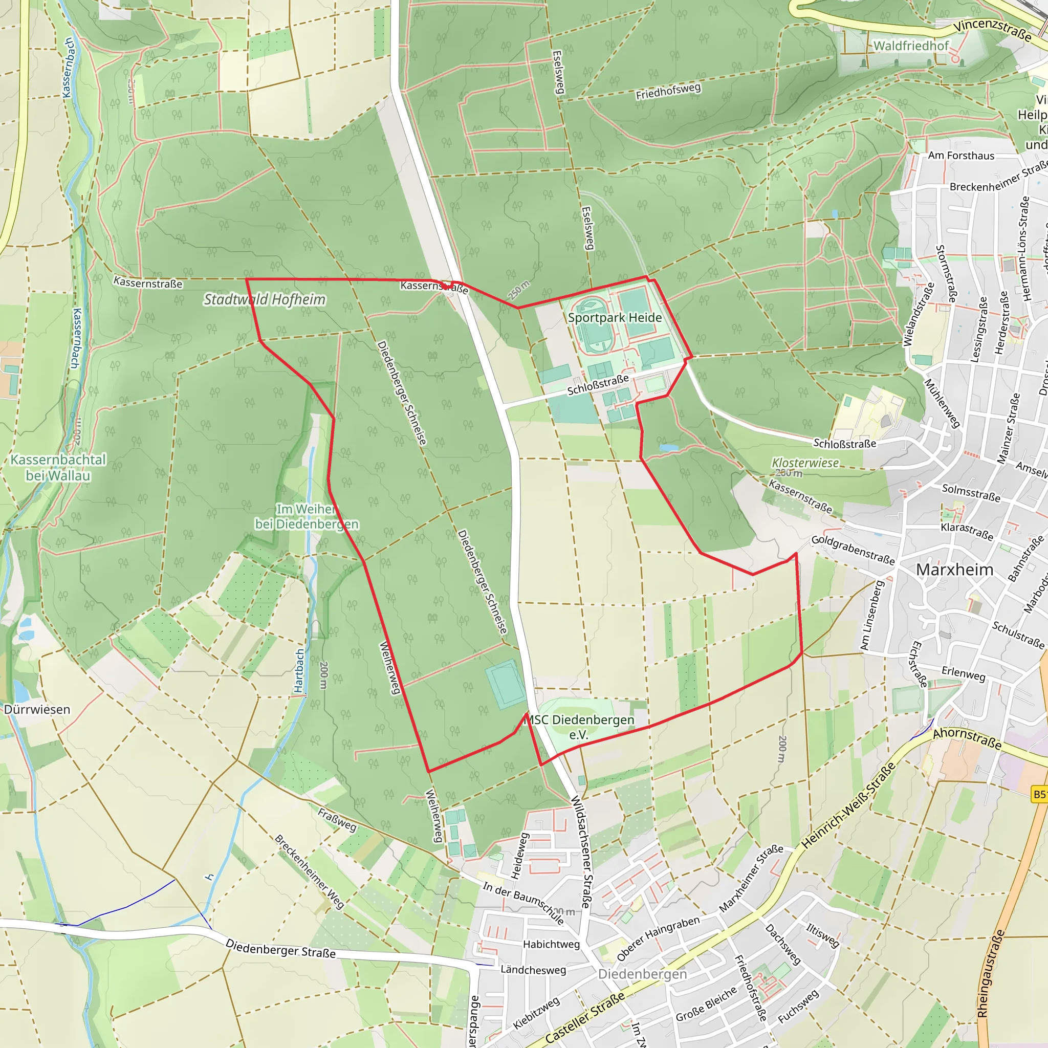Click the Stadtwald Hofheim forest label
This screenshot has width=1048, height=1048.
tap(265, 299)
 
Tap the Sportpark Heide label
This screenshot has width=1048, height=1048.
tap(615, 317)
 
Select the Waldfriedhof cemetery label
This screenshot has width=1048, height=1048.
tap(911, 46)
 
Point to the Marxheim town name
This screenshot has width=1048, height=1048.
tap(955, 570)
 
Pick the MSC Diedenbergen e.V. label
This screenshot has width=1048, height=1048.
tap(580, 727)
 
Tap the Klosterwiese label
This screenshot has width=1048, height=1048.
tap(805, 463)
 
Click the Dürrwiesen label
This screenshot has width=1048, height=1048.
tap(37, 710)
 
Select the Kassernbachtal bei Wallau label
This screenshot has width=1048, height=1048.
tap(58, 467)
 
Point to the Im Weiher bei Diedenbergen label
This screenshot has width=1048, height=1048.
tap(307, 516)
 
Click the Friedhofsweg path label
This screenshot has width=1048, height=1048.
tap(668, 91)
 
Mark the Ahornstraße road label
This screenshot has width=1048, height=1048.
tap(967, 739)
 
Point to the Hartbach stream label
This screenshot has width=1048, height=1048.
tap(299, 671)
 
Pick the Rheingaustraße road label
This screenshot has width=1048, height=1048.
tap(991, 974)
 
